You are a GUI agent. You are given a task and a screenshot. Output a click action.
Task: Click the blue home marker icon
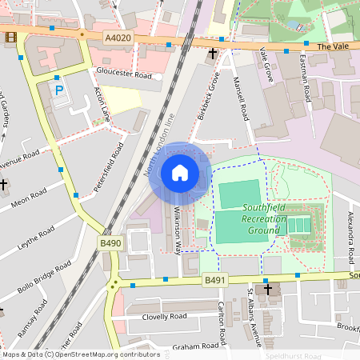click(x=180, y=173)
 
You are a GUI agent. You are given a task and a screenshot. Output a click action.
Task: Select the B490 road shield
click(x=110, y=242)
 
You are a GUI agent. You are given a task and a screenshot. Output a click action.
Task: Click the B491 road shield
click(x=214, y=280)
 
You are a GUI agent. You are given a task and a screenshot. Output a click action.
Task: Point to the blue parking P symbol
click(x=59, y=92)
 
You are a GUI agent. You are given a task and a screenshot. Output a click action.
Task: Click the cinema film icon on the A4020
click(x=11, y=37)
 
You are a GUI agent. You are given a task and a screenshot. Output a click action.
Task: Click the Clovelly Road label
click(x=159, y=316)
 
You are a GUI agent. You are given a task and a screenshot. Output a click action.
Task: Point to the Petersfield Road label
click(x=109, y=168)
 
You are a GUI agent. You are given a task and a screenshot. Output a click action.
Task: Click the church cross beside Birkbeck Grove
click(x=213, y=54)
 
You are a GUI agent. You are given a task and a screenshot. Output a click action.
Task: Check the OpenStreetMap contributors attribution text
click(x=81, y=354)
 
